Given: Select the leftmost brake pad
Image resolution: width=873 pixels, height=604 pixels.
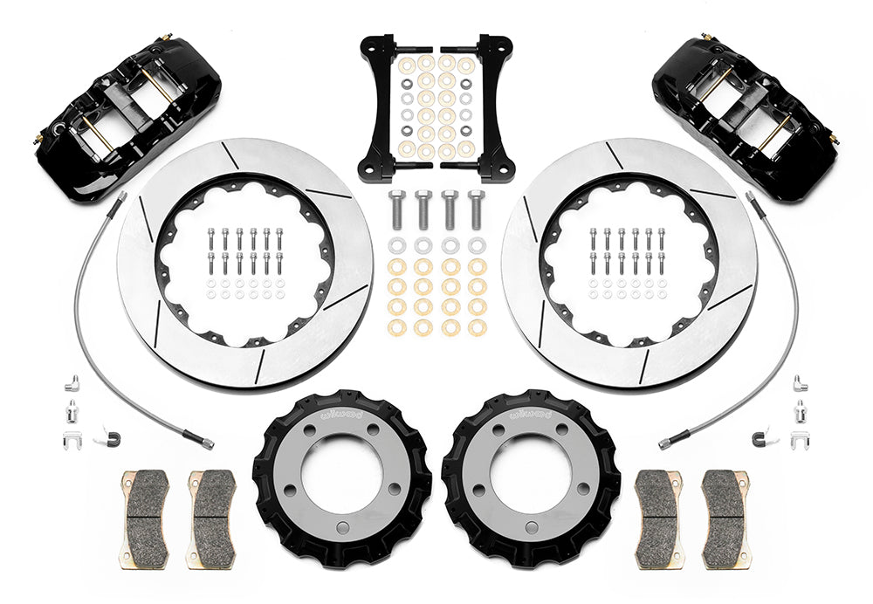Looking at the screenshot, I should tap(145, 518).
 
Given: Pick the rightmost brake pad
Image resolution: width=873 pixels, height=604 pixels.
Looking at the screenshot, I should tap(725, 518).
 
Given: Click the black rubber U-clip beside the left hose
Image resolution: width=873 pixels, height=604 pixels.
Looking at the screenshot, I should tap(110, 436).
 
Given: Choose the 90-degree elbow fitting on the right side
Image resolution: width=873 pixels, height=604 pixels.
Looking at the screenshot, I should tap(800, 383).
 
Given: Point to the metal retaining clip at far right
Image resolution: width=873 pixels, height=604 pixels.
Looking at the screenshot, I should tap(798, 439).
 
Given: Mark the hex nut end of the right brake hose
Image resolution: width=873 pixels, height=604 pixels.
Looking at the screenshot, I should tap(665, 443).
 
